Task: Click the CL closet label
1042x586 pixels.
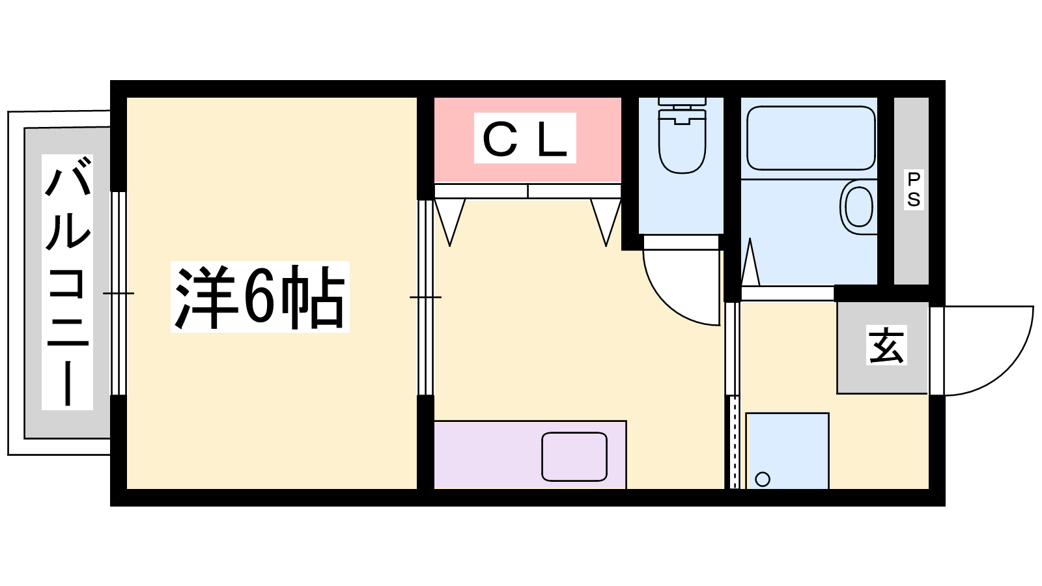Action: click(x=525, y=138)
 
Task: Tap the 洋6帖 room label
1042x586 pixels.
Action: click(x=260, y=297)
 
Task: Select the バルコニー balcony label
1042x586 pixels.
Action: click(x=68, y=282)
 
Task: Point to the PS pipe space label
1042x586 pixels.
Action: click(x=913, y=189)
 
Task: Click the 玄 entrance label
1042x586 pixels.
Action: click(x=886, y=345)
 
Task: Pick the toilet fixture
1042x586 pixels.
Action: click(x=682, y=135)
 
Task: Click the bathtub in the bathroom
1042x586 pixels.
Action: click(x=811, y=138)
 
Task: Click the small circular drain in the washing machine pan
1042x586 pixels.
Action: click(x=763, y=479)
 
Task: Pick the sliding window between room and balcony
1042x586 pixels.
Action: click(x=119, y=294)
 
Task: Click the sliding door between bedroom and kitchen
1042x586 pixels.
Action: click(x=426, y=297)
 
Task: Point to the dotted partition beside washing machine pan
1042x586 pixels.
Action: click(x=734, y=442)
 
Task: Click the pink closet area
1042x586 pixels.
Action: click(x=528, y=139)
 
